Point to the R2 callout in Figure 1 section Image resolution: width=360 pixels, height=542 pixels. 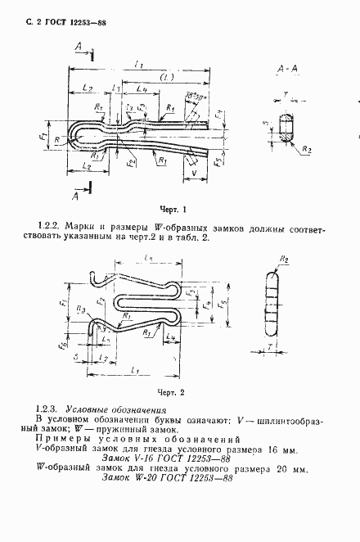pos(305,152)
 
